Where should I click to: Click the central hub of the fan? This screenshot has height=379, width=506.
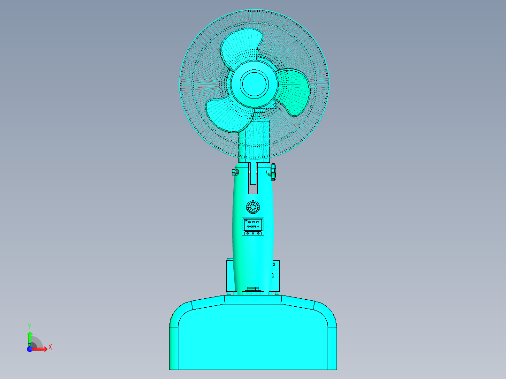point(254,83)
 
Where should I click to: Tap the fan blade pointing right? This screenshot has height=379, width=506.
point(295,91)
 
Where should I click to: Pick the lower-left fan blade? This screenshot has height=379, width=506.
point(227,114)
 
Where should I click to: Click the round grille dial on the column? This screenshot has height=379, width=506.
point(253,207)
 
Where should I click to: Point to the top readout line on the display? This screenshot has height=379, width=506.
point(253,222)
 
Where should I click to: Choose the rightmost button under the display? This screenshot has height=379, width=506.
point(258,233)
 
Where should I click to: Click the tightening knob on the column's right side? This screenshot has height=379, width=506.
point(273,171)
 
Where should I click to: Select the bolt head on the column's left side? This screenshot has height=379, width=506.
point(234,172)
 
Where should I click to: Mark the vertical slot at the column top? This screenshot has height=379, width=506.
point(253,178)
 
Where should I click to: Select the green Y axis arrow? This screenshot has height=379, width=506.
point(29,337)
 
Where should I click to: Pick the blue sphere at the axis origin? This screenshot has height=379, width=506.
point(30,349)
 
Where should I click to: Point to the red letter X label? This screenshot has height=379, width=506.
point(50,347)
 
